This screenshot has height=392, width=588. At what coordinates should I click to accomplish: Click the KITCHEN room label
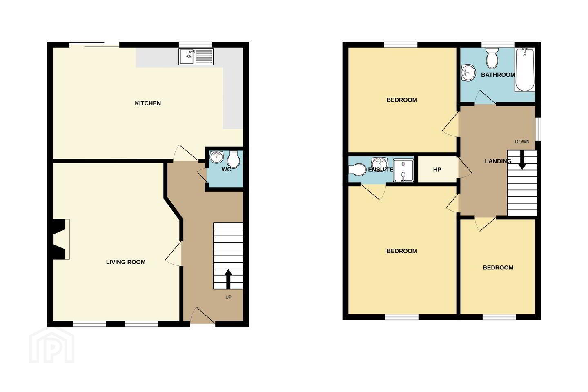click(148, 103)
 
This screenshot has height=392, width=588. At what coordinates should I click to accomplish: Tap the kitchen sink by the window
click(196, 56)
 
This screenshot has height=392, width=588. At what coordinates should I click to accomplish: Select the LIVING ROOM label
click(126, 262)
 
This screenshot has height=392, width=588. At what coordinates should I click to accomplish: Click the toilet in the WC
click(234, 159)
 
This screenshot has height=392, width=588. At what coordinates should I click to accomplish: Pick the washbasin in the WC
click(216, 157)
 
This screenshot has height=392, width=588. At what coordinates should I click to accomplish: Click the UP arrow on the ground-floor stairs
click(228, 279)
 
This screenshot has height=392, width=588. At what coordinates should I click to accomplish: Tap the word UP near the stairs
click(228, 297)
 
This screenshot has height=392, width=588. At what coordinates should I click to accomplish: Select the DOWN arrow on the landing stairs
click(522, 160)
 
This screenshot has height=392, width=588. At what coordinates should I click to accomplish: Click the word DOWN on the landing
click(522, 142)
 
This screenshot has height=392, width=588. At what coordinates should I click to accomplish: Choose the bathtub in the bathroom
click(525, 69)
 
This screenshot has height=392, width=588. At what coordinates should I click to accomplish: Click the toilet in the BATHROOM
click(492, 58)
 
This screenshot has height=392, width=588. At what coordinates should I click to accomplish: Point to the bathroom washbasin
click(469, 73)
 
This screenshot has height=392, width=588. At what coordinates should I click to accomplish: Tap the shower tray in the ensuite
click(403, 170)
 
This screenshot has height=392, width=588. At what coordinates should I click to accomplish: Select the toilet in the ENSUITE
click(357, 170)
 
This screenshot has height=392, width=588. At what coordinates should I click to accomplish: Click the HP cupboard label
click(437, 170)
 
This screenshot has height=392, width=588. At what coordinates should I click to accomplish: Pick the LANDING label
click(498, 161)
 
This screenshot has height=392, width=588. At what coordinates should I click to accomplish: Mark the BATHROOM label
click(498, 75)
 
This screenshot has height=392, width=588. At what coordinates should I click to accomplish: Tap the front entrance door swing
click(203, 315)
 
